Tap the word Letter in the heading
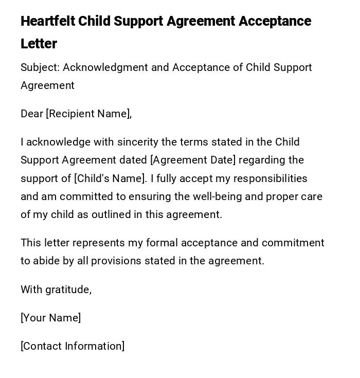coord(39,44)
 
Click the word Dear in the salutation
coord(32,114)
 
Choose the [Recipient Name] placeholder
coord(88,114)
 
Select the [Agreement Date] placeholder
coord(192,160)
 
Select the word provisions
coord(116,261)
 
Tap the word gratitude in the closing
coord(68,290)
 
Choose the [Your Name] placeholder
coord(51,318)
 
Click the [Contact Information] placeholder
coord(73,346)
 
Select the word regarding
coord(262,160)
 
